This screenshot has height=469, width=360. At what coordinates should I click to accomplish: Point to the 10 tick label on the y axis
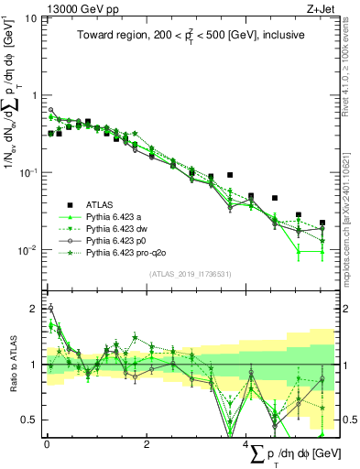(x=30, y=18)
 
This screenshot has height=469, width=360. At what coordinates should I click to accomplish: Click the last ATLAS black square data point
(x=322, y=223)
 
